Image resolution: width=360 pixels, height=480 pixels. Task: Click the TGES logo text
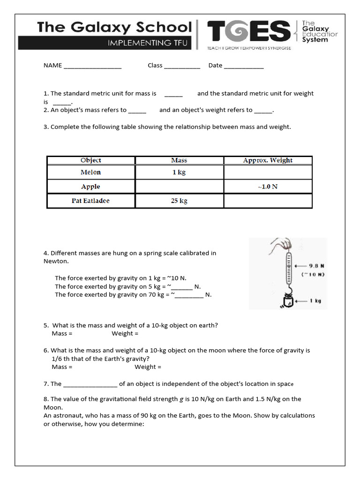tap(249, 32)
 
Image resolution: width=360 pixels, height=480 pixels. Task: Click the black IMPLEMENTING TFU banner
tap(105, 43)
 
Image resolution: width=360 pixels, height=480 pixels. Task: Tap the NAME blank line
tap(92, 66)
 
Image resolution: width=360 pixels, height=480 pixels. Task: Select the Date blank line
tap(244, 66)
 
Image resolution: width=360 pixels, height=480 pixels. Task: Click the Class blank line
tap(182, 66)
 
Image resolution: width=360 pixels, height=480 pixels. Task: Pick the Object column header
tap(91, 160)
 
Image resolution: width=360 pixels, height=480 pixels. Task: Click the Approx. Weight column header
tap(268, 160)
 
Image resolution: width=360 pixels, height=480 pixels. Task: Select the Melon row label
tap(91, 172)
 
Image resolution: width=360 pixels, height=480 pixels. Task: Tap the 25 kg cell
tap(179, 201)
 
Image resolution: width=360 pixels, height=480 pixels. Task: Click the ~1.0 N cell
tap(268, 187)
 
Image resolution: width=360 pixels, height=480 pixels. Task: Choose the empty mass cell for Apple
tap(179, 187)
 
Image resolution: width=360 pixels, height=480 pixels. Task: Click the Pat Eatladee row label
tap(91, 201)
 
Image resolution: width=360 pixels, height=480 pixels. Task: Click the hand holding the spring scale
tap(282, 244)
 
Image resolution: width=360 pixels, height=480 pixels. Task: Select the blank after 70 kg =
tap(189, 295)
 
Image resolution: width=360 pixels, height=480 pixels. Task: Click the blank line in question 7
tap(90, 384)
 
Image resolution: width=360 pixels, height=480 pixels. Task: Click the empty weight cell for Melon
tap(268, 172)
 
